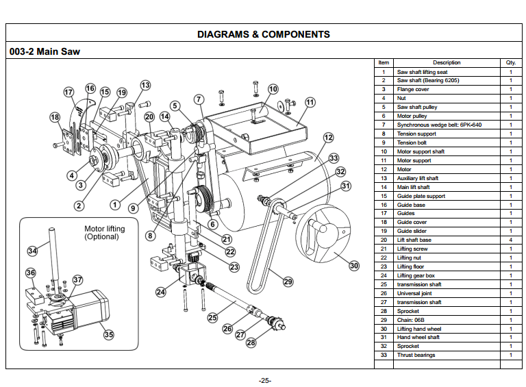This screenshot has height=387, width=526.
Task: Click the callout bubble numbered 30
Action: tap(353, 265)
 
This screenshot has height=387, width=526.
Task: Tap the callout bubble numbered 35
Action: tap(108, 335)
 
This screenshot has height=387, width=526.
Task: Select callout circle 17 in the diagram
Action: tap(68, 92)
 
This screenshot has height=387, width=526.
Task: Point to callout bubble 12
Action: tap(329, 138)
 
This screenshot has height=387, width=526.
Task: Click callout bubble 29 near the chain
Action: tap(288, 281)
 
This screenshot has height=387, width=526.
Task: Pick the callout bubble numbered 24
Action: tap(160, 292)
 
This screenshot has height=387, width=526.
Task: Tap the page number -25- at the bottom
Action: tap(265, 380)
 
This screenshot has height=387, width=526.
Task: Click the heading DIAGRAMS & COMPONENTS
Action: tap(263, 34)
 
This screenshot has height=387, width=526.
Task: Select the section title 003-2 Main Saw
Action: tap(45, 51)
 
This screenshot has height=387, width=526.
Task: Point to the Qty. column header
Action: tap(510, 62)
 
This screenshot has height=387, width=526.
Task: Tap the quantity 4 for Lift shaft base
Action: tap(510, 240)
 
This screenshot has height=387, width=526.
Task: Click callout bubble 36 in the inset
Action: tap(30, 273)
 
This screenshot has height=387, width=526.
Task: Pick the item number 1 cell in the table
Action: tap(384, 71)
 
